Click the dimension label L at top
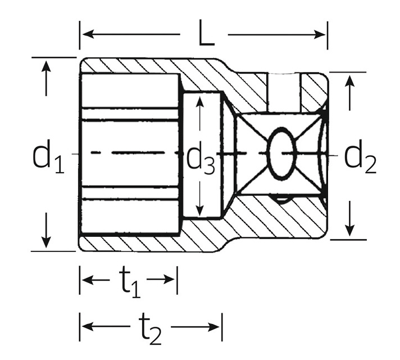coord(206,35)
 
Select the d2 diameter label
coord(360,157)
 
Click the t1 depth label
coord(130,282)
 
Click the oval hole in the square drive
coord(281,153)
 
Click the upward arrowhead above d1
coord(47,65)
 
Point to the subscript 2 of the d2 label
coord(369,164)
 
